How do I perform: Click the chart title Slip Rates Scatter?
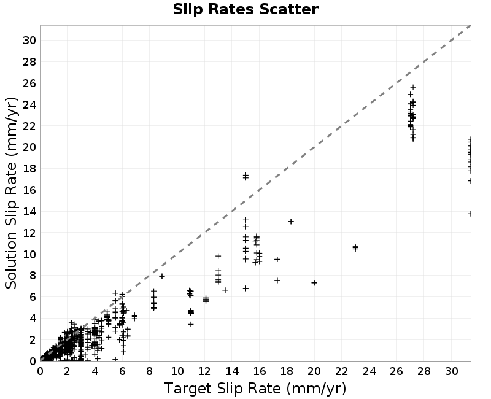click(245, 9)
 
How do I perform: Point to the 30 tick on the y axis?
click(29, 41)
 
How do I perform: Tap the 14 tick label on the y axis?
click(29, 212)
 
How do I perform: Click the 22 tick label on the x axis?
click(342, 371)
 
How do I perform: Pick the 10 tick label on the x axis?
click(177, 371)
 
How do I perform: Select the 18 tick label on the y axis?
click(29, 169)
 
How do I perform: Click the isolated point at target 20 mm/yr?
click(314, 283)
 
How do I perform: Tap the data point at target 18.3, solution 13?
click(291, 222)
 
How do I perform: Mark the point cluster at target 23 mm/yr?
click(355, 248)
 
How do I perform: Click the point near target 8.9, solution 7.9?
click(162, 276)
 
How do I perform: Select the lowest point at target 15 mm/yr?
click(246, 288)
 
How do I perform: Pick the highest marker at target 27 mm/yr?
click(413, 87)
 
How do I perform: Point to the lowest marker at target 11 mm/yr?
click(191, 324)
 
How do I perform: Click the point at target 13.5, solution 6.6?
click(225, 290)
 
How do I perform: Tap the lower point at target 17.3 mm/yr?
click(277, 281)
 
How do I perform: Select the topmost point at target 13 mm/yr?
click(218, 256)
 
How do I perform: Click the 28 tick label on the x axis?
click(424, 371)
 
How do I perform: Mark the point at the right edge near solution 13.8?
click(470, 214)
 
